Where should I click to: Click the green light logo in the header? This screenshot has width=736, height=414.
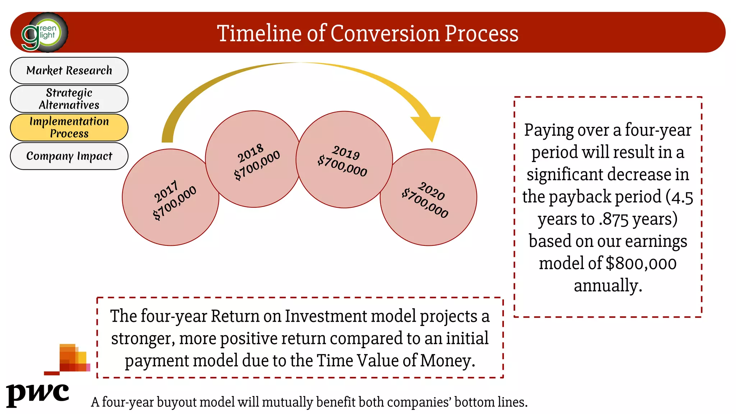coord(45,33)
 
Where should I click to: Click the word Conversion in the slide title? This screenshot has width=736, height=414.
coord(385,33)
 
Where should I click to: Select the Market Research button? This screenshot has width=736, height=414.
coord(69,70)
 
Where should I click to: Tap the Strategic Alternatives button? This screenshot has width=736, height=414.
coord(69,99)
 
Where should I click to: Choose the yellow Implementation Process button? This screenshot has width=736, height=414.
coord(69,127)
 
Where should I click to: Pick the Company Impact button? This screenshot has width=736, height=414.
coord(69,156)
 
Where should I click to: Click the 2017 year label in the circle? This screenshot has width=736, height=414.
coord(166,192)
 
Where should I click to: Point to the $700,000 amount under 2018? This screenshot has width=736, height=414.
coord(257,165)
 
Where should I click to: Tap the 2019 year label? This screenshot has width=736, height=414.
coord(346,153)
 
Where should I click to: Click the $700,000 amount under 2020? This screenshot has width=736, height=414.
coord(425,203)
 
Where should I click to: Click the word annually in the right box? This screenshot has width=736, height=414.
coord(608,286)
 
